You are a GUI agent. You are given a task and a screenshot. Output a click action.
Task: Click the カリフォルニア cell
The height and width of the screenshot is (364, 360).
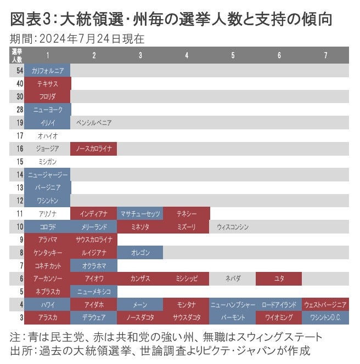click(48, 71)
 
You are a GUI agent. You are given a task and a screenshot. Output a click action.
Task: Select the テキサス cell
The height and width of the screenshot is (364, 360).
click(48, 84)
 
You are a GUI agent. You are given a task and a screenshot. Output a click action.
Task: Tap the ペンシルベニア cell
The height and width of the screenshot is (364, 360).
click(94, 123)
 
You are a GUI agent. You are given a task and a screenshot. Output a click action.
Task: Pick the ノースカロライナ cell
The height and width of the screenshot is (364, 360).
click(94, 149)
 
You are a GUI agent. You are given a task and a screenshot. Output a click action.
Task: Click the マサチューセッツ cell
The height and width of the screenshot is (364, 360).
click(140, 213)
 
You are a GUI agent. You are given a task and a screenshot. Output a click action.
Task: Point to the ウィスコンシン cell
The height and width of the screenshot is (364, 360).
click(233, 226)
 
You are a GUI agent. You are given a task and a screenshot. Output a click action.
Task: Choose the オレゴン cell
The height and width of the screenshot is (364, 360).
click(140, 252)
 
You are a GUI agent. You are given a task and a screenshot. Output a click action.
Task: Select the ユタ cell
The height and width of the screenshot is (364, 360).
click(279, 278)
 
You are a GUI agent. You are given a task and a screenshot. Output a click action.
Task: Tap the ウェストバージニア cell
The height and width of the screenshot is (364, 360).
click(325, 304)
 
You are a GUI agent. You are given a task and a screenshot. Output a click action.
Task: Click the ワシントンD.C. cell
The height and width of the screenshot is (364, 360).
click(325, 317)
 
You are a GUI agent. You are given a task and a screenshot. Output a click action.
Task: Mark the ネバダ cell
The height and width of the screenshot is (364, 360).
click(233, 278)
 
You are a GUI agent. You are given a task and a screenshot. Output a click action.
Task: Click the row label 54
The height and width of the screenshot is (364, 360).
click(17, 71)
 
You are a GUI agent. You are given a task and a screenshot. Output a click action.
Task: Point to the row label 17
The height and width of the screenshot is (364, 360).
click(17, 135)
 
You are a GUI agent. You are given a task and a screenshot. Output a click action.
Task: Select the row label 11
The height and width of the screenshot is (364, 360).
click(17, 213)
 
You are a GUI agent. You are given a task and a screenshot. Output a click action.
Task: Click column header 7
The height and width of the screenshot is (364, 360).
click(325, 55)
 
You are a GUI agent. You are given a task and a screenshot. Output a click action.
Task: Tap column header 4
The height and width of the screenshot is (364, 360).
click(187, 55)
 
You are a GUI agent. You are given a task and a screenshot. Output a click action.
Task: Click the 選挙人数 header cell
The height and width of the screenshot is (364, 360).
click(17, 55)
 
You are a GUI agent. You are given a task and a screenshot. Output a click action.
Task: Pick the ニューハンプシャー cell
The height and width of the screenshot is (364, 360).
click(233, 304)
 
